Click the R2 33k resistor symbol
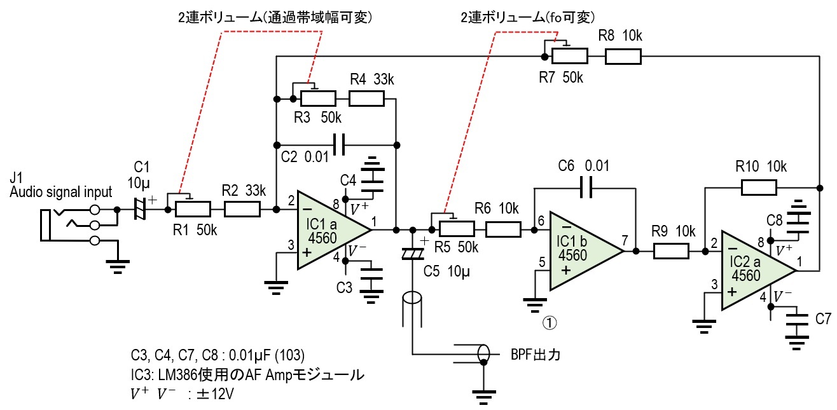pos(242,208)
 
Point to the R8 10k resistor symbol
pos(623,56)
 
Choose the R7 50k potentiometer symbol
pos(569,56)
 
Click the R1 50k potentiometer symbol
pos(192,208)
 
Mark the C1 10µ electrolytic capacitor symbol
pos(141,208)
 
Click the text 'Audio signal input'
pos(61,192)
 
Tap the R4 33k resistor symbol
pos(366,99)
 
